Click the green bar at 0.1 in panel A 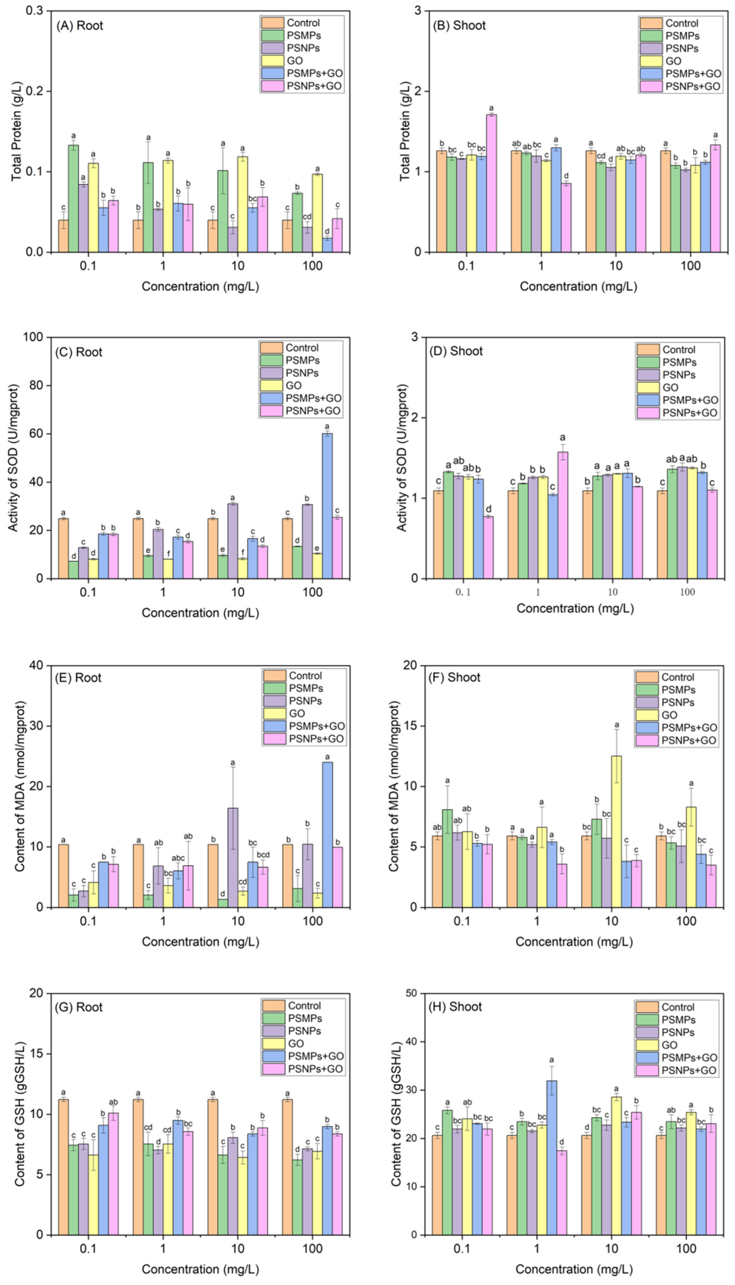[73, 199]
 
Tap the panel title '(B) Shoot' [459, 25]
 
